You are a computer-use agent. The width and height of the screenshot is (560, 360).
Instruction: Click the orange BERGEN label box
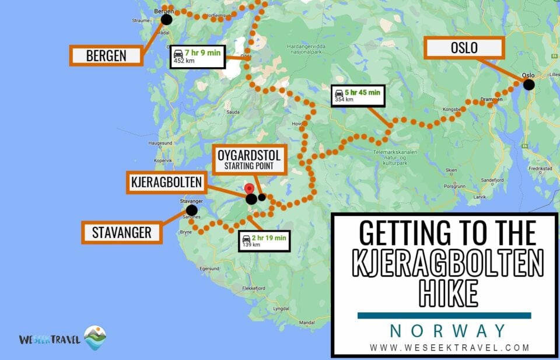pos(106,56)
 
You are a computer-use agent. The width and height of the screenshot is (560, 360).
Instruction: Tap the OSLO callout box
pos(464,48)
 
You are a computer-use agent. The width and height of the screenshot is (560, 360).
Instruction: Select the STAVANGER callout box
pos(121,233)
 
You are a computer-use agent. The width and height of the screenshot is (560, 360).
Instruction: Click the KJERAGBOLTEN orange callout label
pos(166,183)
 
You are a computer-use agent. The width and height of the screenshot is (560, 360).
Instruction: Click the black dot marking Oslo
pos(528,85)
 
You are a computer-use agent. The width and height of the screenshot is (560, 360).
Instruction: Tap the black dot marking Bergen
pos(166,19)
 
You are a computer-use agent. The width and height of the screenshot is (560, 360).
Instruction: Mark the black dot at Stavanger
pos(191,210)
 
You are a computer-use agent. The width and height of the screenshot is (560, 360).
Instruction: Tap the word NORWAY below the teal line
pos(448,331)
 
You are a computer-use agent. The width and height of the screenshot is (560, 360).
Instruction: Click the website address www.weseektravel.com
pos(449,348)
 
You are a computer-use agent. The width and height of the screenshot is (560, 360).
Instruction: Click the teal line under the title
pos(444,316)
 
